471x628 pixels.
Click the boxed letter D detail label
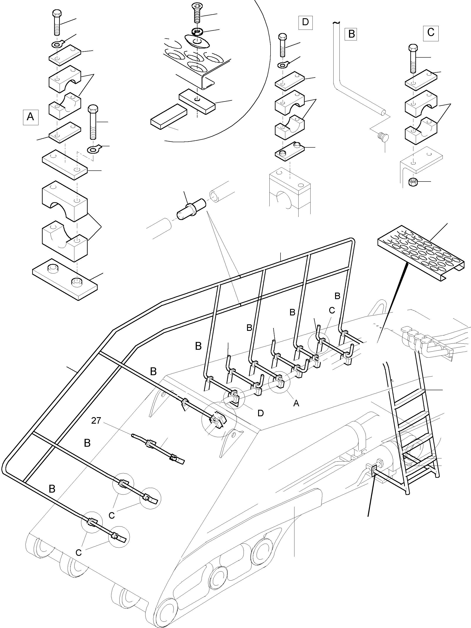(305, 22)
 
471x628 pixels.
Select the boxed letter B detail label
(351, 34)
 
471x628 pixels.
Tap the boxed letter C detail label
(431, 32)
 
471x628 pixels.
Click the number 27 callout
(96, 420)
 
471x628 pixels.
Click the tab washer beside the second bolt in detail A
(94, 148)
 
